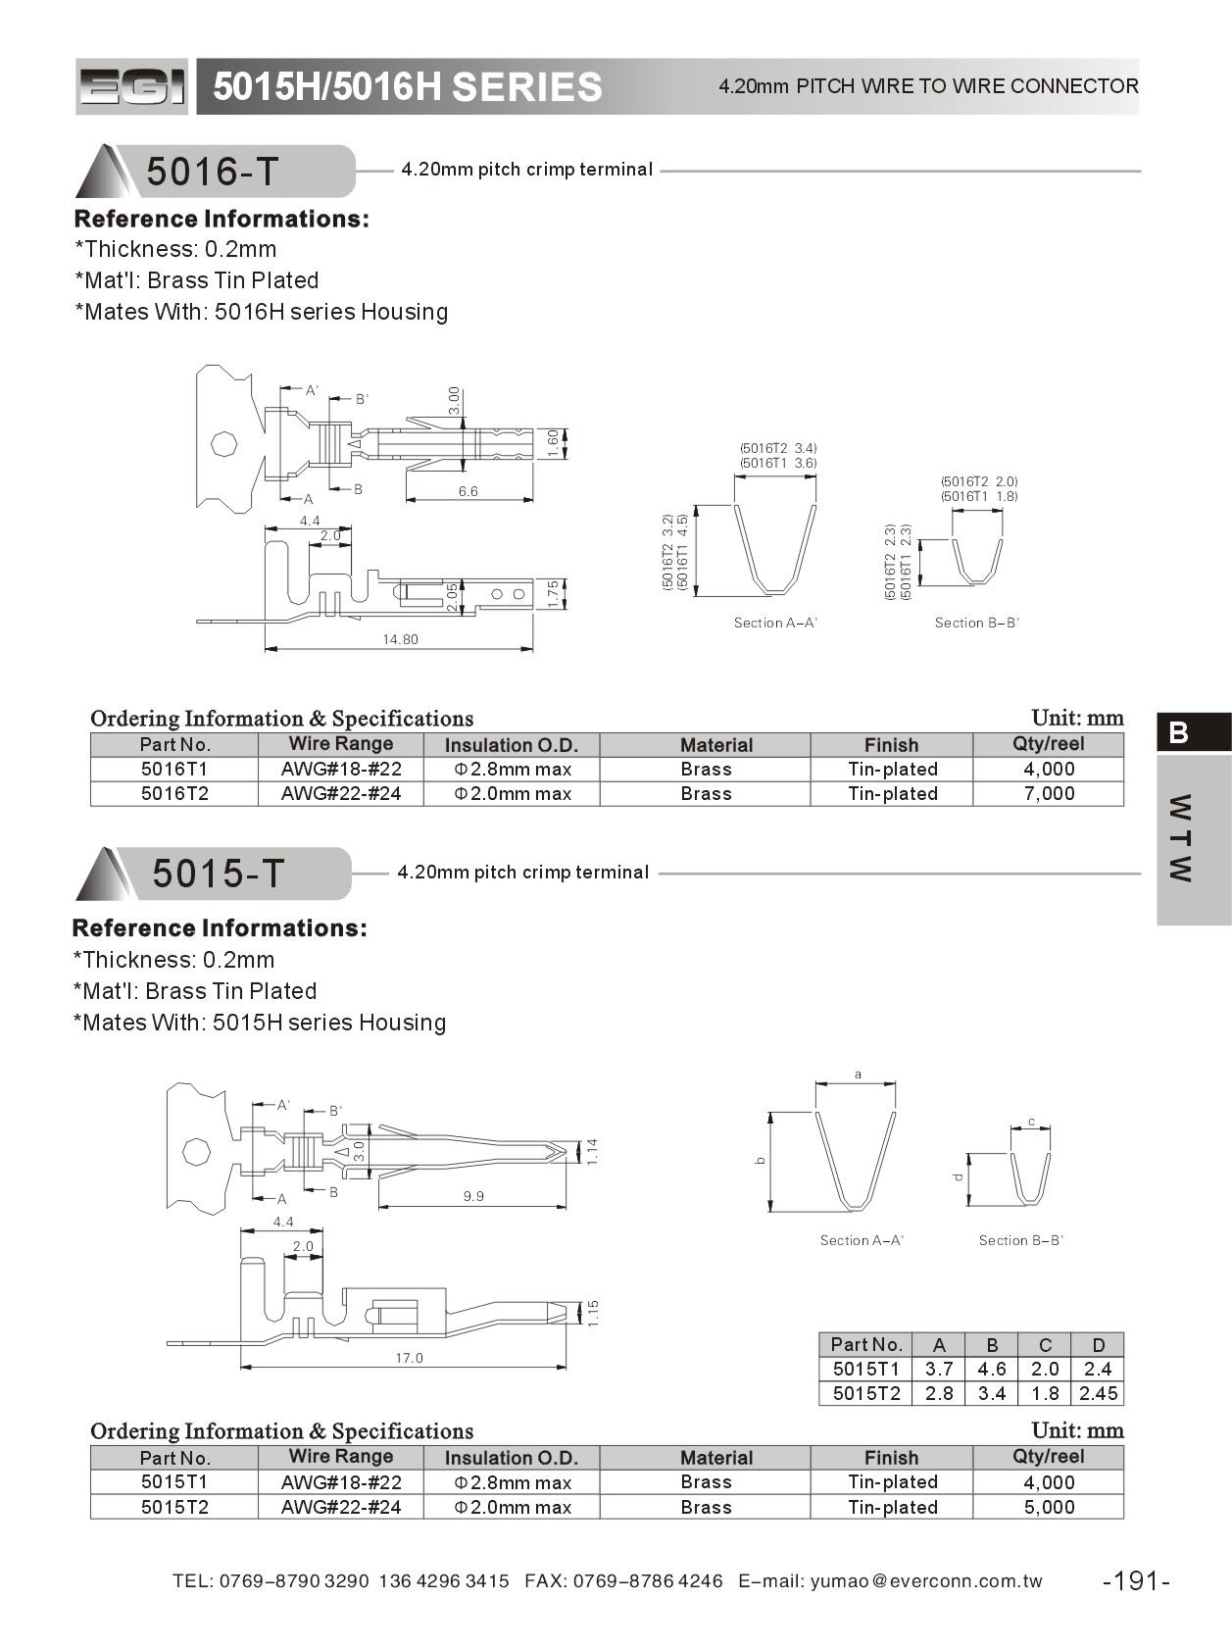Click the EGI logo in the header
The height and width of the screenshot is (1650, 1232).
[x=131, y=87]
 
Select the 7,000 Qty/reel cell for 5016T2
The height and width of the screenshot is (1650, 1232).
[x=1049, y=793]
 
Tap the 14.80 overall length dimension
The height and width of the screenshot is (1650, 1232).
[x=400, y=639]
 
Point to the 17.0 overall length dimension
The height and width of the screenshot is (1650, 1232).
[x=409, y=1358]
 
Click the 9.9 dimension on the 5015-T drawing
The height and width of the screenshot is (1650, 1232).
[x=473, y=1196]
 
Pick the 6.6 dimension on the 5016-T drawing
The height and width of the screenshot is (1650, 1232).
[x=468, y=491]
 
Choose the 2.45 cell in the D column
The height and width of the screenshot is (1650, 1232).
[x=1098, y=1393]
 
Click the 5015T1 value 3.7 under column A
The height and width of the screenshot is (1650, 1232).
[x=939, y=1369]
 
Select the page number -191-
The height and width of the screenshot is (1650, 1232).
[x=1136, y=1580]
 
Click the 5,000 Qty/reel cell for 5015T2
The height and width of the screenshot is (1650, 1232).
[x=1049, y=1507]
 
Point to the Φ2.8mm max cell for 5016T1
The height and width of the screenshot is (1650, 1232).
[x=512, y=770]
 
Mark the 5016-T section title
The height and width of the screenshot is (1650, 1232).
[x=213, y=172]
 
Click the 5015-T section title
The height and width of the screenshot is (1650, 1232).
[x=218, y=874]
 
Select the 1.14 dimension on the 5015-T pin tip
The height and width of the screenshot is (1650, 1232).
[x=592, y=1151]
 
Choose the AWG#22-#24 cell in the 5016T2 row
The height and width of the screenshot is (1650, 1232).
[x=341, y=793]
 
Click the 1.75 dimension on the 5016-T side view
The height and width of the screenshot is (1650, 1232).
[x=553, y=593]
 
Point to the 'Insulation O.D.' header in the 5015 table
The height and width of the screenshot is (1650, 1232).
[x=512, y=1458]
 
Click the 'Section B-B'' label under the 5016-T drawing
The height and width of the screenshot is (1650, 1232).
[x=976, y=623]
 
